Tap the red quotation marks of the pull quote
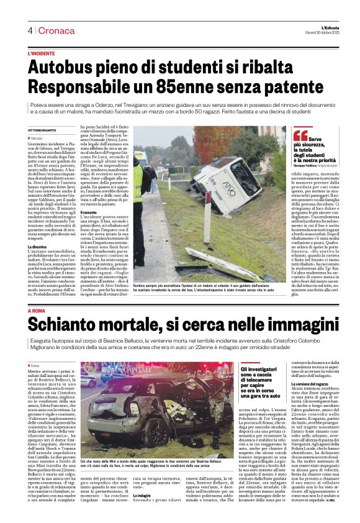coord(300,134)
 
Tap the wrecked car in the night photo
coord(149,410)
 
